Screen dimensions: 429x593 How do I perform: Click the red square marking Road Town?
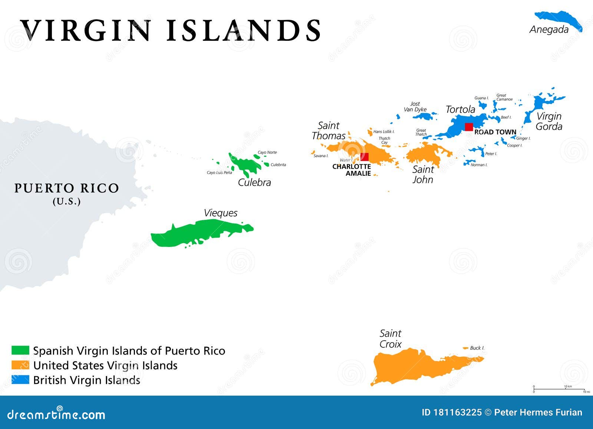pyautogui.click(x=469, y=127)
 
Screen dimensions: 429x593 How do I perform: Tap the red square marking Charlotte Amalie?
pyautogui.click(x=365, y=157)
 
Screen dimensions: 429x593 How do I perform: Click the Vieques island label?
pyautogui.click(x=221, y=213)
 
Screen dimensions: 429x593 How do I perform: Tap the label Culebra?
pyautogui.click(x=254, y=182)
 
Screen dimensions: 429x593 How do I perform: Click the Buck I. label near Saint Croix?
pyautogui.click(x=477, y=348)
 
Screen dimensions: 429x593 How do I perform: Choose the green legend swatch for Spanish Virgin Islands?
pyautogui.click(x=20, y=350)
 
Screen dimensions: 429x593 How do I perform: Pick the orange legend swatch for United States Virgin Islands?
pyautogui.click(x=20, y=365)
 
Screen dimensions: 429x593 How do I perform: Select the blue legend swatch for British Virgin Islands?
pyautogui.click(x=20, y=380)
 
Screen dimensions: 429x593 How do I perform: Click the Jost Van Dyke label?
pyautogui.click(x=415, y=107)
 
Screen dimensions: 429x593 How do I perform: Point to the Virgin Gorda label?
pyautogui.click(x=549, y=121)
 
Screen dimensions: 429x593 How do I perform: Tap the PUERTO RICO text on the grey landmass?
pyautogui.click(x=67, y=188)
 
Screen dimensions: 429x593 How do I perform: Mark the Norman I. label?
pyautogui.click(x=479, y=165)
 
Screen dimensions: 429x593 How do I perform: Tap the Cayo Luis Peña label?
pyautogui.click(x=219, y=173)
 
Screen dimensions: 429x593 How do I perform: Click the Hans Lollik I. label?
pyautogui.click(x=384, y=132)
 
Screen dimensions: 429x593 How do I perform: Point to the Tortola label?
pyautogui.click(x=460, y=109)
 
